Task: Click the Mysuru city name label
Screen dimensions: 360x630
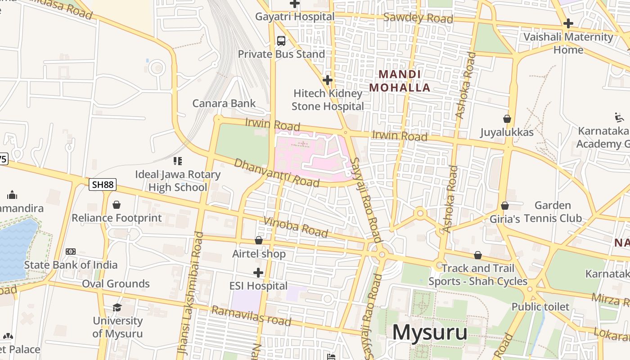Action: pos(430,333)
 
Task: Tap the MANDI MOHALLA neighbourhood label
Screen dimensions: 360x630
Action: pos(400,81)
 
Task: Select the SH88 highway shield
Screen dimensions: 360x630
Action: pos(103,184)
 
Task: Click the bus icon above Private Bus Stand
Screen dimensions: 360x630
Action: pos(281,41)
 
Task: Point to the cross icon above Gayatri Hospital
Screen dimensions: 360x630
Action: pos(295,4)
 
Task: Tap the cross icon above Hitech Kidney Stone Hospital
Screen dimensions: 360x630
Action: pos(328,80)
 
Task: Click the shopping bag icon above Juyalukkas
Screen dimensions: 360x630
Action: pos(507,119)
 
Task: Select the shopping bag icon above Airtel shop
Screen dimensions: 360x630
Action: pos(259,240)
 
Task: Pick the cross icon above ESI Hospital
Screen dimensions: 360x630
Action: pos(258,272)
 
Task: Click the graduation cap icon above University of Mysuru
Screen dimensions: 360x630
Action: pos(117,307)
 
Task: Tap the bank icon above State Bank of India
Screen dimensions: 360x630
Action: pos(71,252)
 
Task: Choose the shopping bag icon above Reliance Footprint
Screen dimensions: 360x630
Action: pos(117,205)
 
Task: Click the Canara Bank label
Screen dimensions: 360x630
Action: pos(224,103)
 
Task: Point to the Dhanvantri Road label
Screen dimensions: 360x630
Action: pos(276,173)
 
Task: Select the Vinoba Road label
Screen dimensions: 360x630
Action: pos(296,226)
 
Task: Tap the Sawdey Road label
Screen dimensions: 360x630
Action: pos(418,18)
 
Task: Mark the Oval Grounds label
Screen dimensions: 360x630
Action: pos(116,283)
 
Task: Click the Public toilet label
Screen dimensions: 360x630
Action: pos(540,307)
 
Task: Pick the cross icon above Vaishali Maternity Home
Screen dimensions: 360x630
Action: pos(568,23)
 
